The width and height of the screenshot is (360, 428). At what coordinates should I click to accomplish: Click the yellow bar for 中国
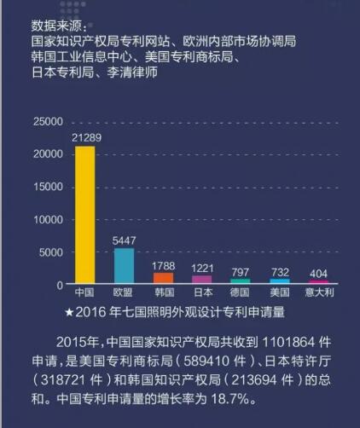pyautogui.click(x=84, y=214)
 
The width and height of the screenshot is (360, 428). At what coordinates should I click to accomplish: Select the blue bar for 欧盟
pyautogui.click(x=124, y=265)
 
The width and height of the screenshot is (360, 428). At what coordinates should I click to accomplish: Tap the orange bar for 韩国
pyautogui.click(x=162, y=277)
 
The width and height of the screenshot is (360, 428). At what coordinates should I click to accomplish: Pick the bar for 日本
pyautogui.click(x=201, y=279)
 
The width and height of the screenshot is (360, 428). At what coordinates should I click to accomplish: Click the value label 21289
pyautogui.click(x=84, y=136)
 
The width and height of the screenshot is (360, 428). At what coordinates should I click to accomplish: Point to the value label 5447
pyautogui.click(x=124, y=240)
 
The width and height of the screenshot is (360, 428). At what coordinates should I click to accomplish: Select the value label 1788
pyautogui.click(x=163, y=265)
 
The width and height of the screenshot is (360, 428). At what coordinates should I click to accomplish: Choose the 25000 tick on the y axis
pyautogui.click(x=48, y=122)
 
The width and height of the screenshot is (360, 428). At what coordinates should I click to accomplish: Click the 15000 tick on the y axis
pyautogui.click(x=48, y=187)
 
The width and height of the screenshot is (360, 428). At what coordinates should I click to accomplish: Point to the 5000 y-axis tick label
pyautogui.click(x=51, y=252)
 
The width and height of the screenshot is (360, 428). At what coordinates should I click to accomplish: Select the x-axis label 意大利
pyautogui.click(x=318, y=292)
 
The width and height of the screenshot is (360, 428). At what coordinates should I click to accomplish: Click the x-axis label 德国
pyautogui.click(x=241, y=292)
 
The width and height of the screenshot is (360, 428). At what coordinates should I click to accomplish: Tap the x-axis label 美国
pyautogui.click(x=280, y=292)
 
